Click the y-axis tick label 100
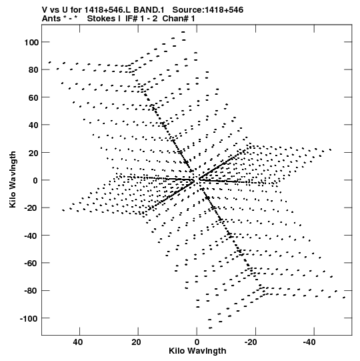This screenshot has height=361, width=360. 31,42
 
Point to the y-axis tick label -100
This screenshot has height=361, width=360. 29,319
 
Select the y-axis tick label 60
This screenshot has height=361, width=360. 33,97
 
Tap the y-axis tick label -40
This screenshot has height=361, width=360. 31,236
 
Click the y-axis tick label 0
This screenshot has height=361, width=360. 35,181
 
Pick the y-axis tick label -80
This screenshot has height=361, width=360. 31,291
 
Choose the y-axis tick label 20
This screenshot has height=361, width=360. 33,153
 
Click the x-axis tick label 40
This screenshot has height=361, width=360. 78,342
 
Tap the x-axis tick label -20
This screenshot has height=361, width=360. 251,342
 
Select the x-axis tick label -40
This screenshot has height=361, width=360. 309,342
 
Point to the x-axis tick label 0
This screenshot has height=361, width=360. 197,342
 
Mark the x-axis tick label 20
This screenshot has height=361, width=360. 136,342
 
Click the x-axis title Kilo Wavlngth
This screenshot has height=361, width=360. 197,351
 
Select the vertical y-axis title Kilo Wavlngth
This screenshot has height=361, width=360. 13,179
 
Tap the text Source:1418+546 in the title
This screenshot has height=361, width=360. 208,10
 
